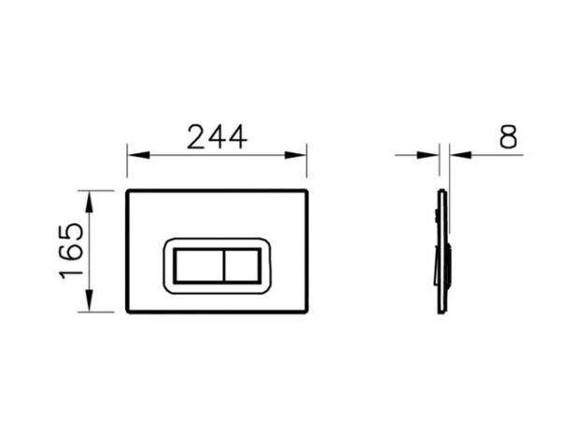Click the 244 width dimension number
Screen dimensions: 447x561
(217, 137)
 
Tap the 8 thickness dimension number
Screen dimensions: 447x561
(508, 137)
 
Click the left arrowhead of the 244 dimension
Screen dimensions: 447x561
(133, 155)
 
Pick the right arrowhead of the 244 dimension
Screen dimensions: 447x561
(300, 155)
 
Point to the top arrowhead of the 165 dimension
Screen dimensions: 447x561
(89, 196)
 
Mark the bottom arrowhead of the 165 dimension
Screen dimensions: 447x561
(89, 306)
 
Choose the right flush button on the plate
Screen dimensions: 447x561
(244, 266)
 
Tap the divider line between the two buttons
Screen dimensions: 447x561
(223, 266)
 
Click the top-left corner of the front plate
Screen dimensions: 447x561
(127, 192)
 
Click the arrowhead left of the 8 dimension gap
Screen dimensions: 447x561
(433, 155)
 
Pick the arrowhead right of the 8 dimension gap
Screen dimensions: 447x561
(456, 155)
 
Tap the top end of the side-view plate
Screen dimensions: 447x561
(442, 193)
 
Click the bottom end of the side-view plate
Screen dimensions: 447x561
(442, 310)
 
